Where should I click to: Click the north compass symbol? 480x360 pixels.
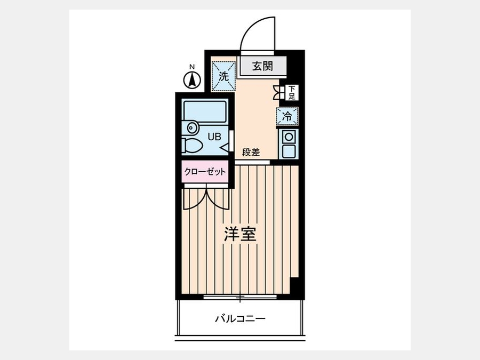click(x=192, y=81)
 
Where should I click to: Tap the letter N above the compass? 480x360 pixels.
click(x=192, y=67)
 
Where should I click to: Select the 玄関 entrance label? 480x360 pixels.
click(x=262, y=66)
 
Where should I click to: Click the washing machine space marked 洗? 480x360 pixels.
click(x=224, y=76)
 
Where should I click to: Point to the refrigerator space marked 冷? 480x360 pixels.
click(x=287, y=116)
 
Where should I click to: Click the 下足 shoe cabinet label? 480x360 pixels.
click(x=292, y=92)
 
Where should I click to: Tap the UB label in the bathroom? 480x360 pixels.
click(x=214, y=137)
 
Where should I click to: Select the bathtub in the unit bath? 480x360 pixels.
click(x=204, y=110)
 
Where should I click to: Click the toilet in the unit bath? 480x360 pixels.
click(x=191, y=145)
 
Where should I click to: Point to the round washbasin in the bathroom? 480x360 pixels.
click(x=191, y=127)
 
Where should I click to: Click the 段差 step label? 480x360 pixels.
click(x=251, y=152)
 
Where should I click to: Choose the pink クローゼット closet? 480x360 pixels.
click(x=205, y=171)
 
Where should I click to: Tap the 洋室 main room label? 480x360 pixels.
click(x=240, y=234)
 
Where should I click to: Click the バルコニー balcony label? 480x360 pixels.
click(x=240, y=319)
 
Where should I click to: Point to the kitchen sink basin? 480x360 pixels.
click(x=289, y=151)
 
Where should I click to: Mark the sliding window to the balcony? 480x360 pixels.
click(x=240, y=297)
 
